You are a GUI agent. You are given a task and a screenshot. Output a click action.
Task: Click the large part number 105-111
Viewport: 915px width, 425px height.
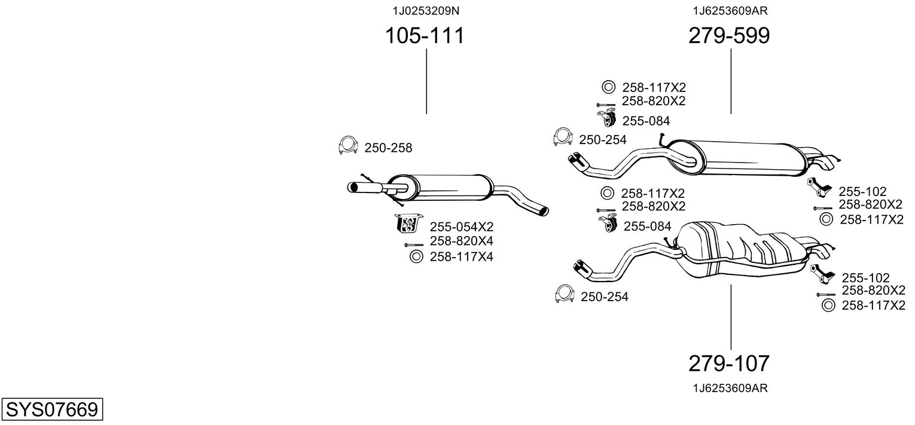[425, 35]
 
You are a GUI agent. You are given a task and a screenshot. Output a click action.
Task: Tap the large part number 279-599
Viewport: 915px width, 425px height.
[729, 35]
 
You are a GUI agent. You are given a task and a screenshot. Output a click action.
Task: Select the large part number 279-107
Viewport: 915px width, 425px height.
[729, 363]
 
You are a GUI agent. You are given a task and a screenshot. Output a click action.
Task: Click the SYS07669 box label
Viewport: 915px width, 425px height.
[52, 409]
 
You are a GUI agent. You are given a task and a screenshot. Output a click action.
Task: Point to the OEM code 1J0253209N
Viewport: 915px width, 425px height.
[426, 11]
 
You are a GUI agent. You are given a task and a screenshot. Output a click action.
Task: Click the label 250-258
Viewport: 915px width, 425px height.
[388, 148]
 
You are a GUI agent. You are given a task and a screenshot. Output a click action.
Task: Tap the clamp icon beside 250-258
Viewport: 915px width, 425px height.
[348, 145]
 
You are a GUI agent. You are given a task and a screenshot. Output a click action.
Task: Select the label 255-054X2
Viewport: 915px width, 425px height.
[461, 227]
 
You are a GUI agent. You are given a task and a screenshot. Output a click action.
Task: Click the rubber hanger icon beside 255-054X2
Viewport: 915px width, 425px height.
[408, 223]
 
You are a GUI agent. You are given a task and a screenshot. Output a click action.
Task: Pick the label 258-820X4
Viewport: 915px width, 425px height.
[461, 241]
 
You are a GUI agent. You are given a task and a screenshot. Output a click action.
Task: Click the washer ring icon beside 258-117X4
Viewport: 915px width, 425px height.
[416, 257]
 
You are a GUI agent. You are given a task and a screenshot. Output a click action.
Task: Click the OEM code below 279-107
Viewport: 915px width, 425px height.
[730, 389]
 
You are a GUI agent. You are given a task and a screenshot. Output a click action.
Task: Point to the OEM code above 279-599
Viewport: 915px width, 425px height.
[730, 11]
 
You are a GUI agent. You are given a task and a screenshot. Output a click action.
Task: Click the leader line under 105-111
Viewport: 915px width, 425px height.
[426, 81]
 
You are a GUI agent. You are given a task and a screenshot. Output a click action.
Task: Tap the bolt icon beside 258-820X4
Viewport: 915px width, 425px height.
[414, 245]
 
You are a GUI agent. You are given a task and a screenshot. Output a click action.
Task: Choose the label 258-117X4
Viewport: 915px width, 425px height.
[461, 257]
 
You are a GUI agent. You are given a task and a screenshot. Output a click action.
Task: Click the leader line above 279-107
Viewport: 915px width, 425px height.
[731, 317]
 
